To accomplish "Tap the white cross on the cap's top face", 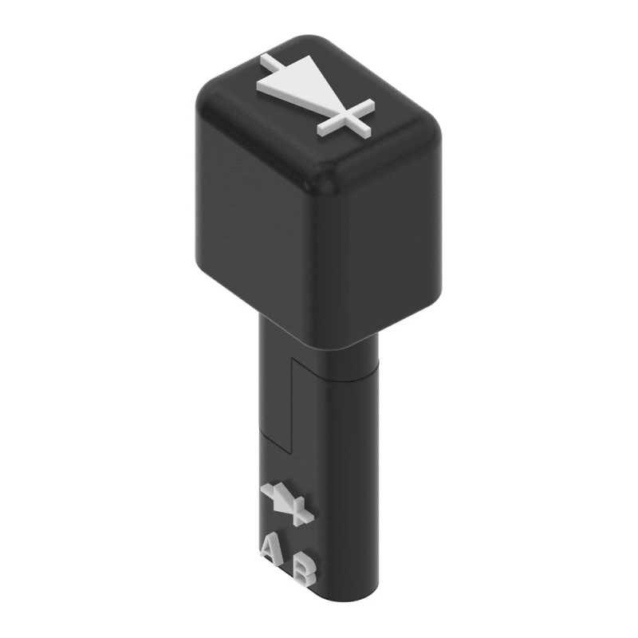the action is (346, 118).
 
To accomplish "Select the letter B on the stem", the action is (305, 569).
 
